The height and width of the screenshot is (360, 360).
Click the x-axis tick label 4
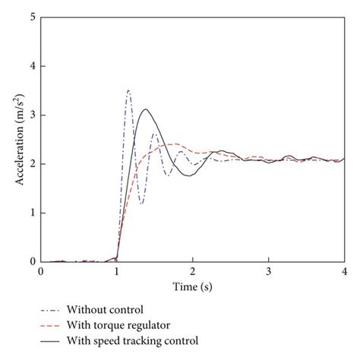(x=344, y=272)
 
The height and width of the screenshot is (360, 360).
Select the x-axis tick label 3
(x=268, y=272)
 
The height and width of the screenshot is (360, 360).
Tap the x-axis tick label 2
(x=192, y=272)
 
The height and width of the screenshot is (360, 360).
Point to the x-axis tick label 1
(x=116, y=272)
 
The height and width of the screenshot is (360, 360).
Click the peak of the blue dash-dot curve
(x=128, y=90)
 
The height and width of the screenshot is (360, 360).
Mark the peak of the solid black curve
(x=147, y=109)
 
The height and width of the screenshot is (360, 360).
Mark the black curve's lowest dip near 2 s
(x=189, y=175)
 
